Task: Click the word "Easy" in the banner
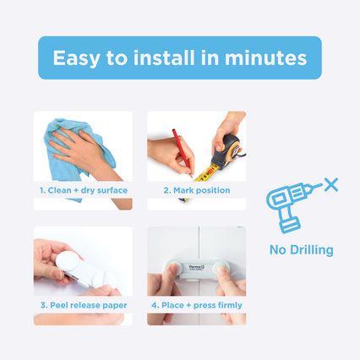click(x=76, y=58)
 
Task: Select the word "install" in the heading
click(x=164, y=57)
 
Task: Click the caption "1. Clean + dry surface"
click(x=84, y=190)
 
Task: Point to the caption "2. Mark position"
click(x=197, y=190)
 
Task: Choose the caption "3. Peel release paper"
click(x=84, y=305)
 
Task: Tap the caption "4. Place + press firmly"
click(x=197, y=305)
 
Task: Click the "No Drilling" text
click(x=302, y=250)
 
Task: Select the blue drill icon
click(x=290, y=207)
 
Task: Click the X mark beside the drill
click(x=331, y=185)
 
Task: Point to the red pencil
click(x=182, y=152)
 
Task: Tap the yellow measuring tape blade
click(x=205, y=173)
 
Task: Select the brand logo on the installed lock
click(x=196, y=267)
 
